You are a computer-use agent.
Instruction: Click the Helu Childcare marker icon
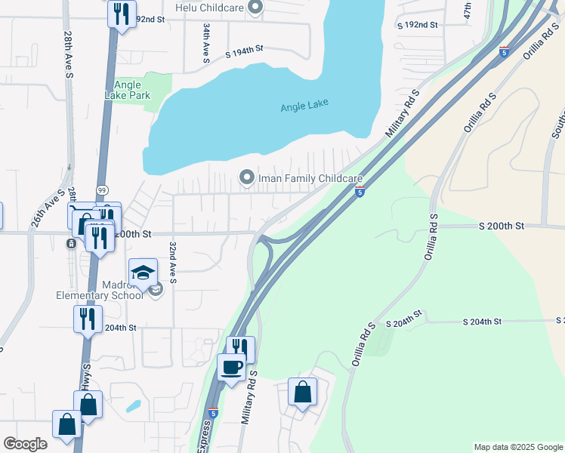coord(255,8)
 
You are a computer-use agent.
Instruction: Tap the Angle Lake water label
coord(304,106)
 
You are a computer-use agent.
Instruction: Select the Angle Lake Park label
coord(128,91)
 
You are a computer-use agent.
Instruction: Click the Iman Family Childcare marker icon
coord(246,177)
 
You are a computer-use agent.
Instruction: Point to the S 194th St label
coord(244,51)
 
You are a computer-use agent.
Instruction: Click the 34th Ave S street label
coord(205,42)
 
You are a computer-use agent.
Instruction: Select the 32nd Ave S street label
coord(173,263)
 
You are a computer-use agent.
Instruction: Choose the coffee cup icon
coord(231,367)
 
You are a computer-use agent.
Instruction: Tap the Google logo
coord(25,444)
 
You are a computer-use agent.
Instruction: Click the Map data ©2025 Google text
coord(517,447)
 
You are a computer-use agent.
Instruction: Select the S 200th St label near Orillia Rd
coord(501,226)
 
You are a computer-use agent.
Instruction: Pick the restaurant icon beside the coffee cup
coord(240,348)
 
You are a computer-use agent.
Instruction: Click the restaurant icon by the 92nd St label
coord(121,14)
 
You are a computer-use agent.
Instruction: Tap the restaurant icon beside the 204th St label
coord(87,319)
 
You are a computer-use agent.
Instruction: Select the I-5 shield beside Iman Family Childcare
coord(361,193)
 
